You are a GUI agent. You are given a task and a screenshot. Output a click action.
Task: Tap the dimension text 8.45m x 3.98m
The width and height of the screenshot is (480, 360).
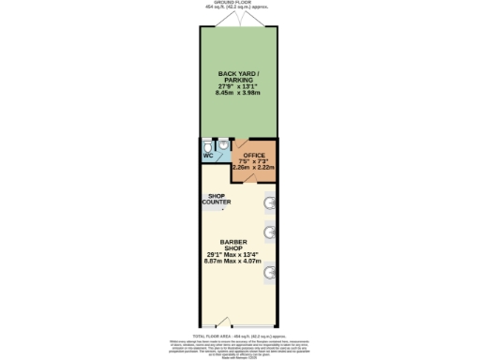click(x=239, y=93)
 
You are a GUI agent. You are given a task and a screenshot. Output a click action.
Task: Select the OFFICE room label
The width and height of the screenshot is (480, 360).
click(x=255, y=155)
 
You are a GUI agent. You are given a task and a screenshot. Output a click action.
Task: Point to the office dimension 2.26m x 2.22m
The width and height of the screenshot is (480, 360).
click(x=255, y=167)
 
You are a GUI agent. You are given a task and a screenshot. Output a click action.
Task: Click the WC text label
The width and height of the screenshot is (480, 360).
click(x=208, y=156)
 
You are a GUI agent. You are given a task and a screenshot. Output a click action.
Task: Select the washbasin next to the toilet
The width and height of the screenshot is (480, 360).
click(x=223, y=145)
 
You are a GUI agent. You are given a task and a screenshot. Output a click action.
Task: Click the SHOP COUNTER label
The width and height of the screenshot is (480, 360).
click(x=217, y=200)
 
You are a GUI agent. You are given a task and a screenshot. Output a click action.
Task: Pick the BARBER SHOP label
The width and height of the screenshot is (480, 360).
click(x=239, y=246)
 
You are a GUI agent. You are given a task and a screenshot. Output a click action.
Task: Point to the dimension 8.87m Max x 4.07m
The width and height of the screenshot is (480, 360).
click(x=239, y=262)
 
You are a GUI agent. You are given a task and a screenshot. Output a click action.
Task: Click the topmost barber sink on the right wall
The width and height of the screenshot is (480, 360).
click(x=271, y=202)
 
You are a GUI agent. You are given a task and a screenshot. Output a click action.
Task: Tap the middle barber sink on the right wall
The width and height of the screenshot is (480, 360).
click(x=271, y=233)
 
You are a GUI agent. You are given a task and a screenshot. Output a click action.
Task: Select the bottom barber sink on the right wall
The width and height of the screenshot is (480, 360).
click(x=271, y=273)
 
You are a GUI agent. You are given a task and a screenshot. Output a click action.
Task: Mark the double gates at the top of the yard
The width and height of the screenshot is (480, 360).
click(x=240, y=18)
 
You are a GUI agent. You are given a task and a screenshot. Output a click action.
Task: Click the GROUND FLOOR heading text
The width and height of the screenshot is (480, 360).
click(x=239, y=3)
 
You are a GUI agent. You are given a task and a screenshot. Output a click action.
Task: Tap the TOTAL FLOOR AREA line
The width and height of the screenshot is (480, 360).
click(x=239, y=334)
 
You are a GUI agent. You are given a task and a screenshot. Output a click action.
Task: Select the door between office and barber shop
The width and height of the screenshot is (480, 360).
click(x=250, y=177)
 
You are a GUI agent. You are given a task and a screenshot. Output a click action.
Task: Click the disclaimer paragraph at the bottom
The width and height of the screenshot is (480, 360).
click(x=239, y=347)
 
